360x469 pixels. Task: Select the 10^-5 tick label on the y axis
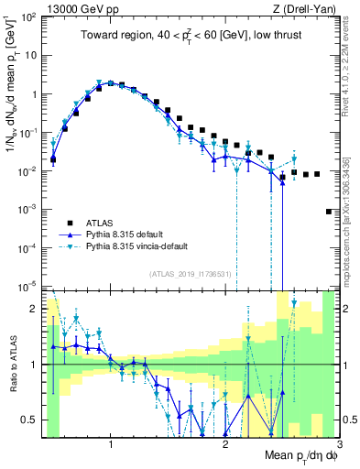tap(31, 287)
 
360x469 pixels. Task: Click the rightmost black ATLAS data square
tap(329, 212)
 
